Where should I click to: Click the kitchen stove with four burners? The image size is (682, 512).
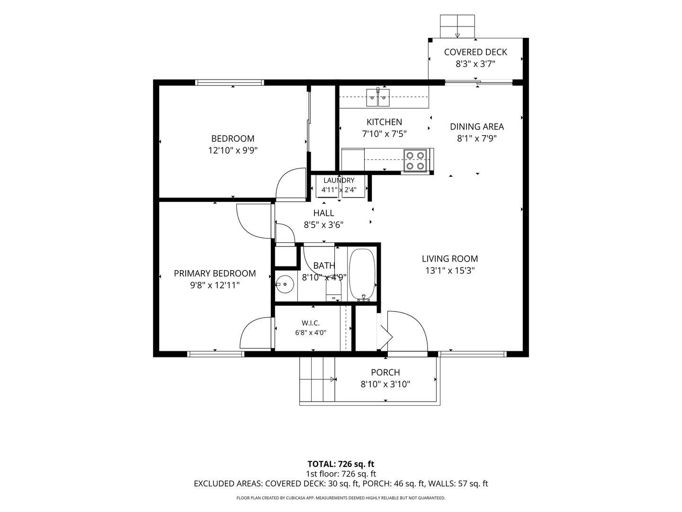[x=415, y=160]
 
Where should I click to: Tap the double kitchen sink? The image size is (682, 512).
[x=378, y=97]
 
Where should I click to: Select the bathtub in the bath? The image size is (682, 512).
[x=362, y=275]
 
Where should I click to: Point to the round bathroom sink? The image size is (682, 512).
[x=285, y=284]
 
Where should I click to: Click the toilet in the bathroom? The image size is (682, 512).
[x=333, y=289]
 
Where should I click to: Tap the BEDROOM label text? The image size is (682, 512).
[x=233, y=138]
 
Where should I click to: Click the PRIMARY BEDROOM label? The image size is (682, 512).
[x=215, y=274]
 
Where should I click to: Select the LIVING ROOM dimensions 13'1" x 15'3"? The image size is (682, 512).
[x=450, y=270]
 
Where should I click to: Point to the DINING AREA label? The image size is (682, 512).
[x=477, y=127]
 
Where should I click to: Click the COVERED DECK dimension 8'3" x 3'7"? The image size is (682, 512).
[x=476, y=64]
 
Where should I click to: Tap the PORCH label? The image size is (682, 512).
[x=385, y=373]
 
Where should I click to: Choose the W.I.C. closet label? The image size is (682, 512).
[x=311, y=323]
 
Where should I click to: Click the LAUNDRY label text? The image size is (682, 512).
[x=339, y=180]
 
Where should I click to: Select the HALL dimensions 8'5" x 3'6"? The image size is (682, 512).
[x=323, y=225]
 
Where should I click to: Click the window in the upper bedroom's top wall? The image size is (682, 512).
[x=230, y=82]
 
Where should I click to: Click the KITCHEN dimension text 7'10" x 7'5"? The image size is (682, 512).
[x=385, y=134]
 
